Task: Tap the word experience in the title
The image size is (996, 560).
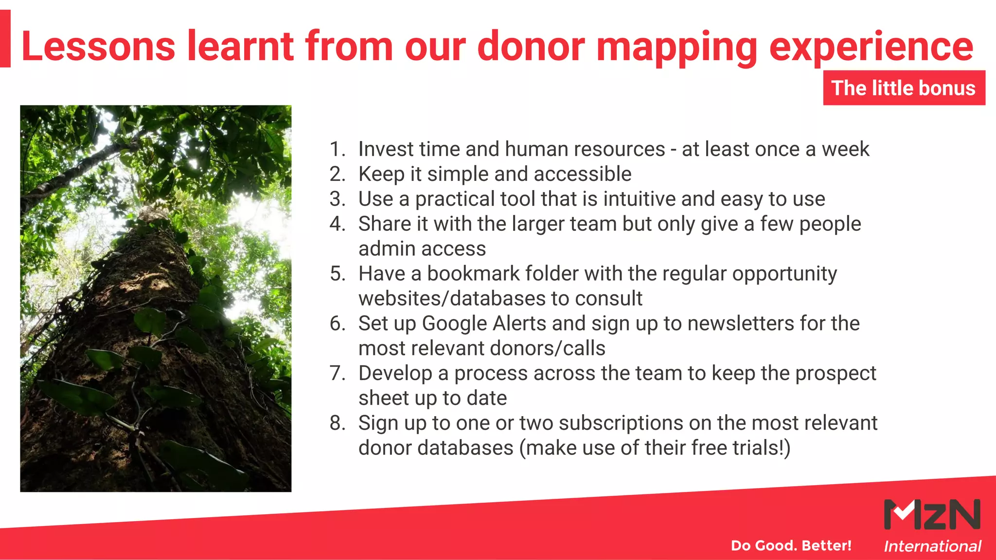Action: click(871, 47)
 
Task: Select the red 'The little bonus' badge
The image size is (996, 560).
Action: click(904, 88)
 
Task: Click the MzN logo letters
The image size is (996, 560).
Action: click(932, 514)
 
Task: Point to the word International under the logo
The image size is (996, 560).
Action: click(932, 546)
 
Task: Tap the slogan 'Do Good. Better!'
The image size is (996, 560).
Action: click(791, 545)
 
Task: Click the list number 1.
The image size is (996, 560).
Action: click(337, 149)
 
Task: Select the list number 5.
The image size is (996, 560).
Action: click(337, 274)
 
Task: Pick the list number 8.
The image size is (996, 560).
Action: click(337, 423)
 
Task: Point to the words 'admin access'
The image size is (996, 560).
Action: click(422, 249)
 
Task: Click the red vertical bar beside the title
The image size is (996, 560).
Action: click(5, 39)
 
